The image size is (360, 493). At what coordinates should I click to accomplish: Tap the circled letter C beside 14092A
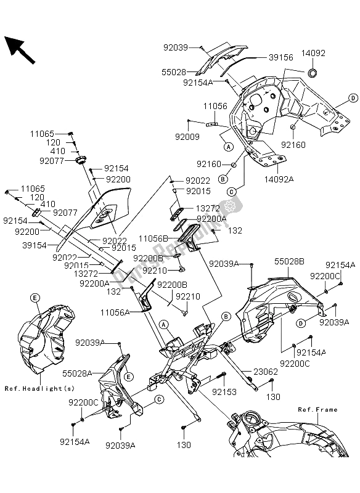(232, 191)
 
